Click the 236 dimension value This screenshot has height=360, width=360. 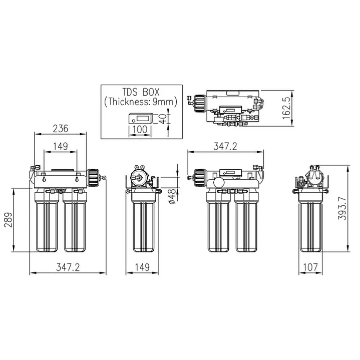pyautogui.click(x=60, y=128)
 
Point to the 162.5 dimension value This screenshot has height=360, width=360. pyautogui.click(x=299, y=106)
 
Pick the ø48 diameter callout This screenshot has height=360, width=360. pyautogui.click(x=172, y=197)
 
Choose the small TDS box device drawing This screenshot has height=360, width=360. pyautogui.click(x=140, y=119)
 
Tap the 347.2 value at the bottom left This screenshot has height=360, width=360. pyautogui.click(x=68, y=267)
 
